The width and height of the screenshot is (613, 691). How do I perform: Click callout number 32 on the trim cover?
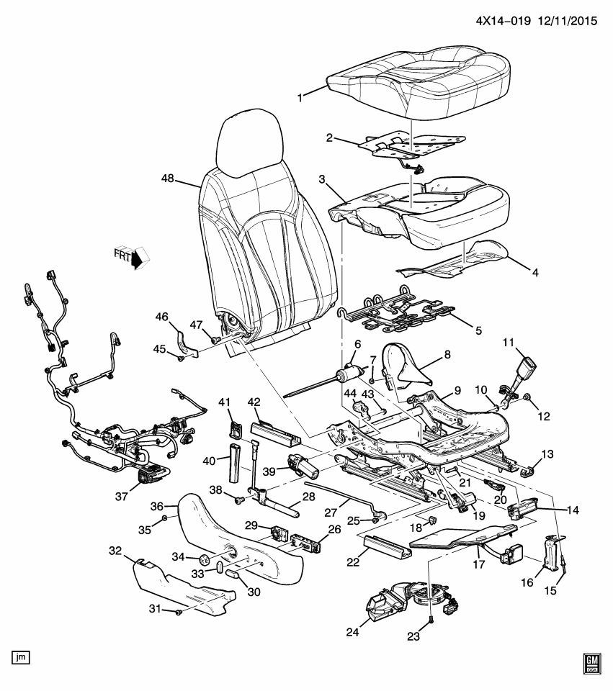tap(115, 551)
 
